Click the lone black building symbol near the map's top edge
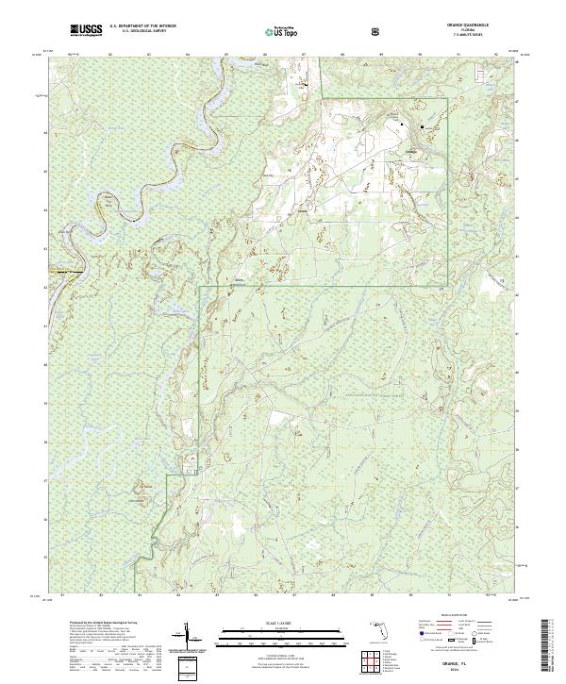point(306,86)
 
